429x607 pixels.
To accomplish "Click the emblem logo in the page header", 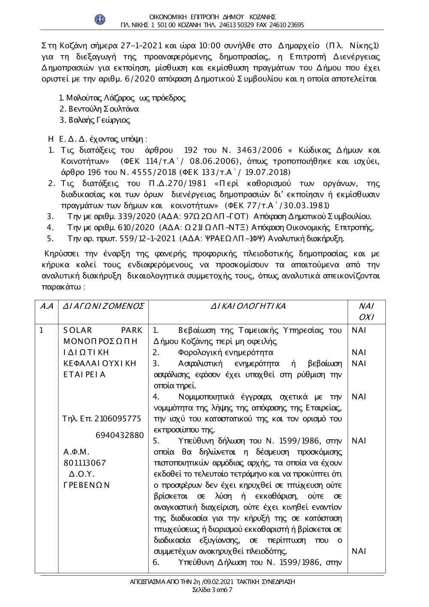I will [100, 19].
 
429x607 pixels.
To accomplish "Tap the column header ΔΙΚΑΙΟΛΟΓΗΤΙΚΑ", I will [248, 306].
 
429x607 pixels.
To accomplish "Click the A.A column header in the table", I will [46, 306].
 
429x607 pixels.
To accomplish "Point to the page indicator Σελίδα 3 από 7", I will [213, 590].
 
